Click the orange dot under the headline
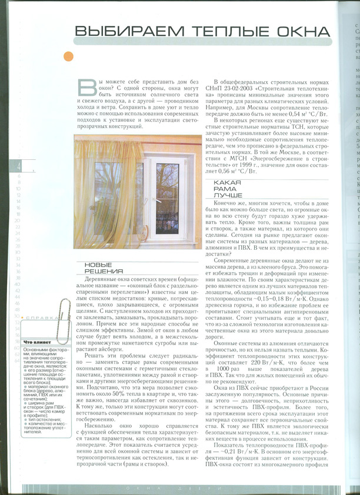[x=69, y=56]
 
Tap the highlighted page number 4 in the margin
[x=18, y=166]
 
